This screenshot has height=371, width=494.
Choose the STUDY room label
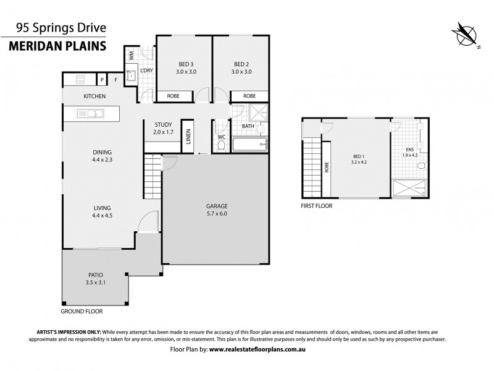point(162,127)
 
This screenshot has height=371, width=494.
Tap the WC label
point(222,137)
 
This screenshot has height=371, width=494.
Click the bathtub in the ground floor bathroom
point(251,146)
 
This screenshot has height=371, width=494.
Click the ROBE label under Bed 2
point(249,96)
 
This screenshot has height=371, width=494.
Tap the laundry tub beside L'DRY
point(130,76)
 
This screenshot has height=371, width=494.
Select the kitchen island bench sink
point(94,113)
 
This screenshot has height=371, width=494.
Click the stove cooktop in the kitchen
point(80,79)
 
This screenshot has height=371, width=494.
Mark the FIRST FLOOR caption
point(316,206)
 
